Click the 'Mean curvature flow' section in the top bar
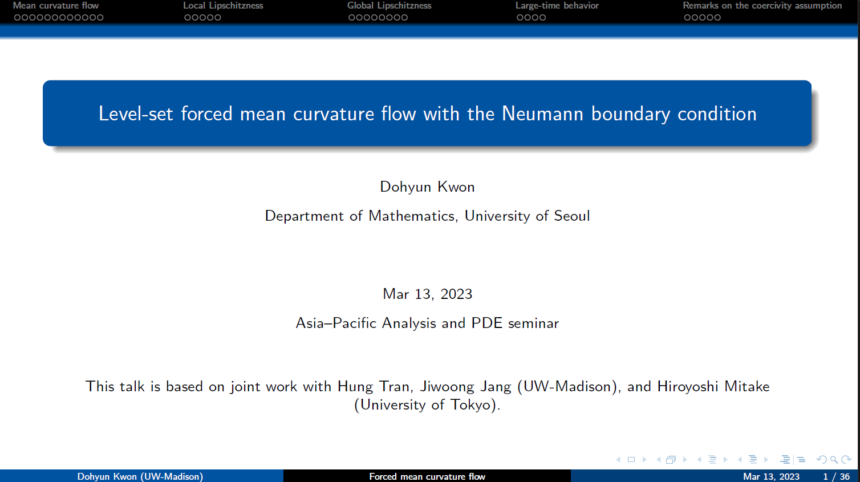tap(56, 6)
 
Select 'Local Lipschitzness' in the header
tap(223, 6)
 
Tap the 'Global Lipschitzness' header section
tap(390, 6)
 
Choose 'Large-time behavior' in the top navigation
tap(557, 6)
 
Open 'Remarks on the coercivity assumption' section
tap(762, 6)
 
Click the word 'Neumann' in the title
tap(542, 114)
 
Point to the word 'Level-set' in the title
tap(136, 114)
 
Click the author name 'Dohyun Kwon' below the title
tap(427, 187)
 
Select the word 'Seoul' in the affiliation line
tap(571, 216)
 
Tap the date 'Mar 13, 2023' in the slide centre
tap(427, 294)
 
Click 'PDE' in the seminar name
tap(487, 323)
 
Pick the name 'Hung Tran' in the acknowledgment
tap(375, 386)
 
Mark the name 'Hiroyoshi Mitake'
tap(713, 386)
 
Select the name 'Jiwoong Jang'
tap(465, 386)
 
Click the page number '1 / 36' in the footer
tap(836, 477)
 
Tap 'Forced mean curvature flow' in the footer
tap(427, 477)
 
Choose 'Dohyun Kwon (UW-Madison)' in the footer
tap(140, 477)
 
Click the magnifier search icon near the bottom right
tap(834, 460)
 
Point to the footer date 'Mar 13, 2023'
tap(771, 477)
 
